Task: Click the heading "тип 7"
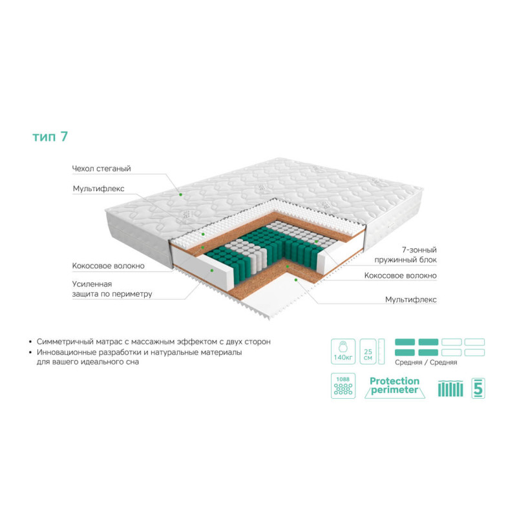[x=50, y=136]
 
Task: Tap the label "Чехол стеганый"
[x=101, y=169]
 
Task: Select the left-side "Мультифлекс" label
[x=99, y=189]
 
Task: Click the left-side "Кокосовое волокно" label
[x=109, y=266]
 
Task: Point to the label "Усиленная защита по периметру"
[x=112, y=289]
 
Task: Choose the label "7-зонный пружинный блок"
[x=406, y=255]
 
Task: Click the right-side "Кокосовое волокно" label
[x=401, y=275]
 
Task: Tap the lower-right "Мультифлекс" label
[x=411, y=299]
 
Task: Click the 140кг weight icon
[x=343, y=352]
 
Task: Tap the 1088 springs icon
[x=343, y=386]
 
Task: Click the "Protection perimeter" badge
[x=395, y=386]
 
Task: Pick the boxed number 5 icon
[x=478, y=388]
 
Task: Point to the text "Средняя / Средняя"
[x=426, y=363]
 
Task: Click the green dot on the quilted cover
[x=181, y=195]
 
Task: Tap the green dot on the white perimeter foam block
[x=212, y=270]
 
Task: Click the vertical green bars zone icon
[x=450, y=388]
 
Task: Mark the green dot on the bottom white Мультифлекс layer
[x=296, y=280]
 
